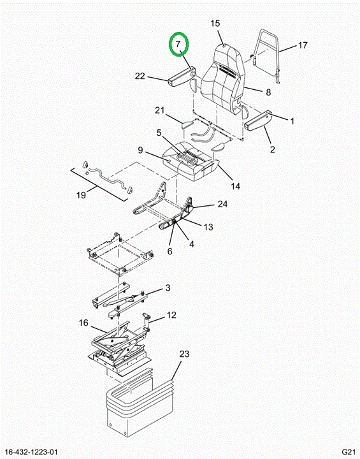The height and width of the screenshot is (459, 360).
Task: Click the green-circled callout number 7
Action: (178, 44)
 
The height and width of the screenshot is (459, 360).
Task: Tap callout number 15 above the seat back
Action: (215, 23)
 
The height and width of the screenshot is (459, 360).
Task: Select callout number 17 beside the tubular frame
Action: (303, 45)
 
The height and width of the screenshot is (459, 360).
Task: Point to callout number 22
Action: (140, 76)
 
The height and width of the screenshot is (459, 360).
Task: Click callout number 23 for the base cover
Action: (184, 354)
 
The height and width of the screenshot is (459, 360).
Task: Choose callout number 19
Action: (81, 194)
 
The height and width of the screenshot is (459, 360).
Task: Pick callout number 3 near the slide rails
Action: (168, 288)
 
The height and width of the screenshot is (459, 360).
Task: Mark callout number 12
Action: (171, 315)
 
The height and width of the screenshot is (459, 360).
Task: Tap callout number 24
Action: (222, 204)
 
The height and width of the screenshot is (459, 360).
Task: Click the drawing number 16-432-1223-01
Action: (32, 452)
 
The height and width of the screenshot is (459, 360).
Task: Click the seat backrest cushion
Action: (222, 76)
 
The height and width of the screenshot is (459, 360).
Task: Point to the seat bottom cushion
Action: (191, 161)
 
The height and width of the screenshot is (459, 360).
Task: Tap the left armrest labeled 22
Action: (182, 76)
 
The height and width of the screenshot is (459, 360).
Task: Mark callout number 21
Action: (159, 110)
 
